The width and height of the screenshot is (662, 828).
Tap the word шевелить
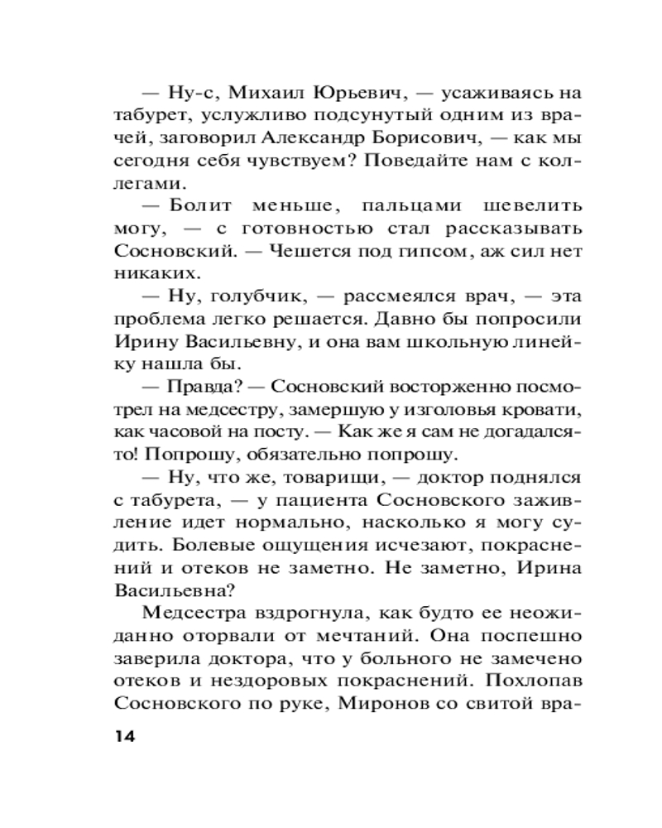(x=514, y=205)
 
